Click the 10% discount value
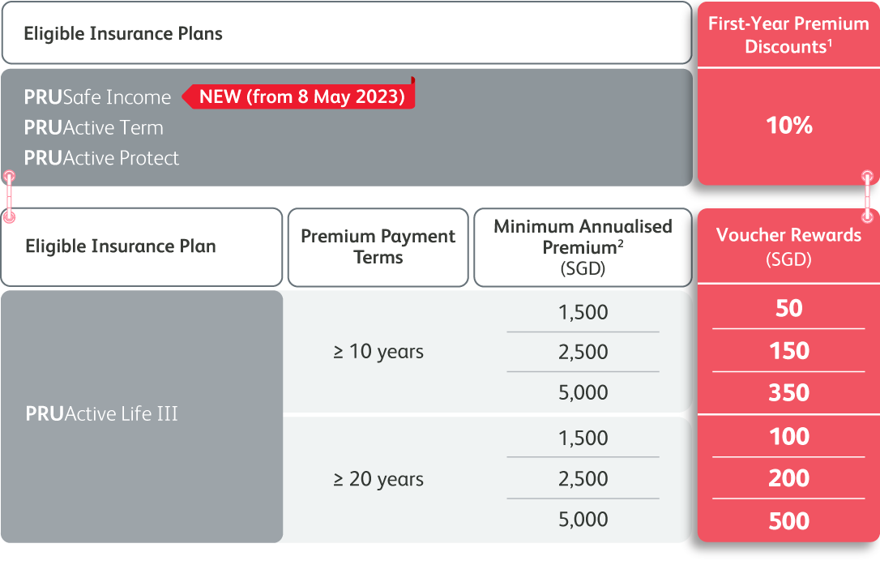click(x=788, y=126)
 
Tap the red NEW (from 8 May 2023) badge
click(x=298, y=96)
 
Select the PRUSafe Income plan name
click(x=97, y=97)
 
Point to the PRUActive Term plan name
click(x=93, y=127)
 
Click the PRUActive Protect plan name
click(x=101, y=158)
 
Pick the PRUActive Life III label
click(x=101, y=413)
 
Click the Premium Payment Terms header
click(x=378, y=246)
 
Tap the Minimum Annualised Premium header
click(x=583, y=247)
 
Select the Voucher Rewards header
click(x=788, y=246)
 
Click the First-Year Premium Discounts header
click(x=788, y=35)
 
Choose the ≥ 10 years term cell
click(x=378, y=352)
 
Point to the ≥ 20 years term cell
click(x=378, y=479)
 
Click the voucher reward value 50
click(x=788, y=308)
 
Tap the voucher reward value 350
click(x=788, y=392)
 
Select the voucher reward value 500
click(x=788, y=521)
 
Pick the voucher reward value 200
click(x=788, y=478)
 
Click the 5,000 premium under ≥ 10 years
click(x=583, y=392)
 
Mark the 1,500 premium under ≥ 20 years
click(x=583, y=438)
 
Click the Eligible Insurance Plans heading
click(x=123, y=34)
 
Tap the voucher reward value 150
click(x=788, y=351)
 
